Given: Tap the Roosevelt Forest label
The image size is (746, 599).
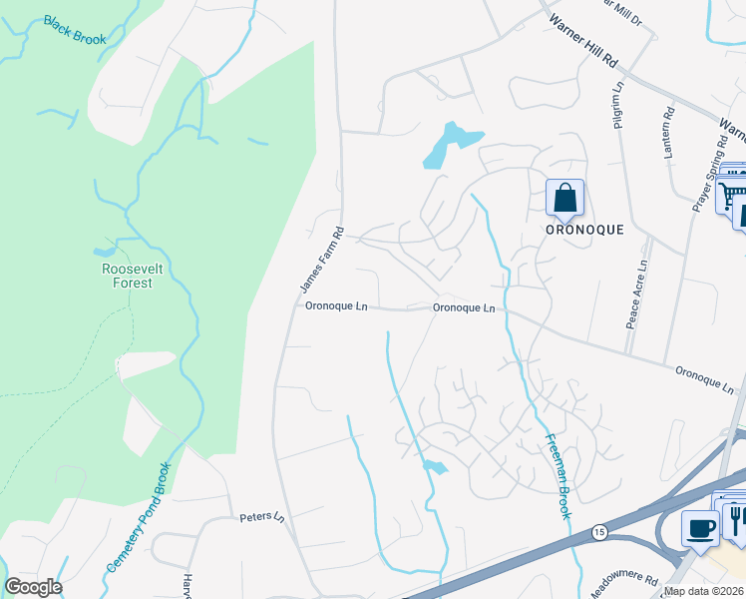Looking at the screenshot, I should pyautogui.click(x=127, y=276).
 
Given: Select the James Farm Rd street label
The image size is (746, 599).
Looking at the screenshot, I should pyautogui.click(x=322, y=261).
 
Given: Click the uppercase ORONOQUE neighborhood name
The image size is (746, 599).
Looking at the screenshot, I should pyautogui.click(x=584, y=229).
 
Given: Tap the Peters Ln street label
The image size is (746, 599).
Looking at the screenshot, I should pyautogui.click(x=262, y=518).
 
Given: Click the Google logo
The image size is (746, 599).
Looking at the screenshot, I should pyautogui.click(x=33, y=587).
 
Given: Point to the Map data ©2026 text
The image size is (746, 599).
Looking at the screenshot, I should pyautogui.click(x=702, y=591).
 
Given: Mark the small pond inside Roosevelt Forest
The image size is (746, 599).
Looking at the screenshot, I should pyautogui.click(x=105, y=252).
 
